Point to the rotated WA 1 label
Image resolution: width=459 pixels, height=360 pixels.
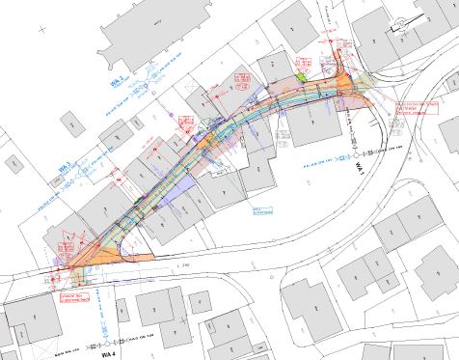[x=356, y=170]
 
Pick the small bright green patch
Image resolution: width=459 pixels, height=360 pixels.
[x=300, y=76]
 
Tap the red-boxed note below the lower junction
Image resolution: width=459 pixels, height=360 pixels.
[x=76, y=297]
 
